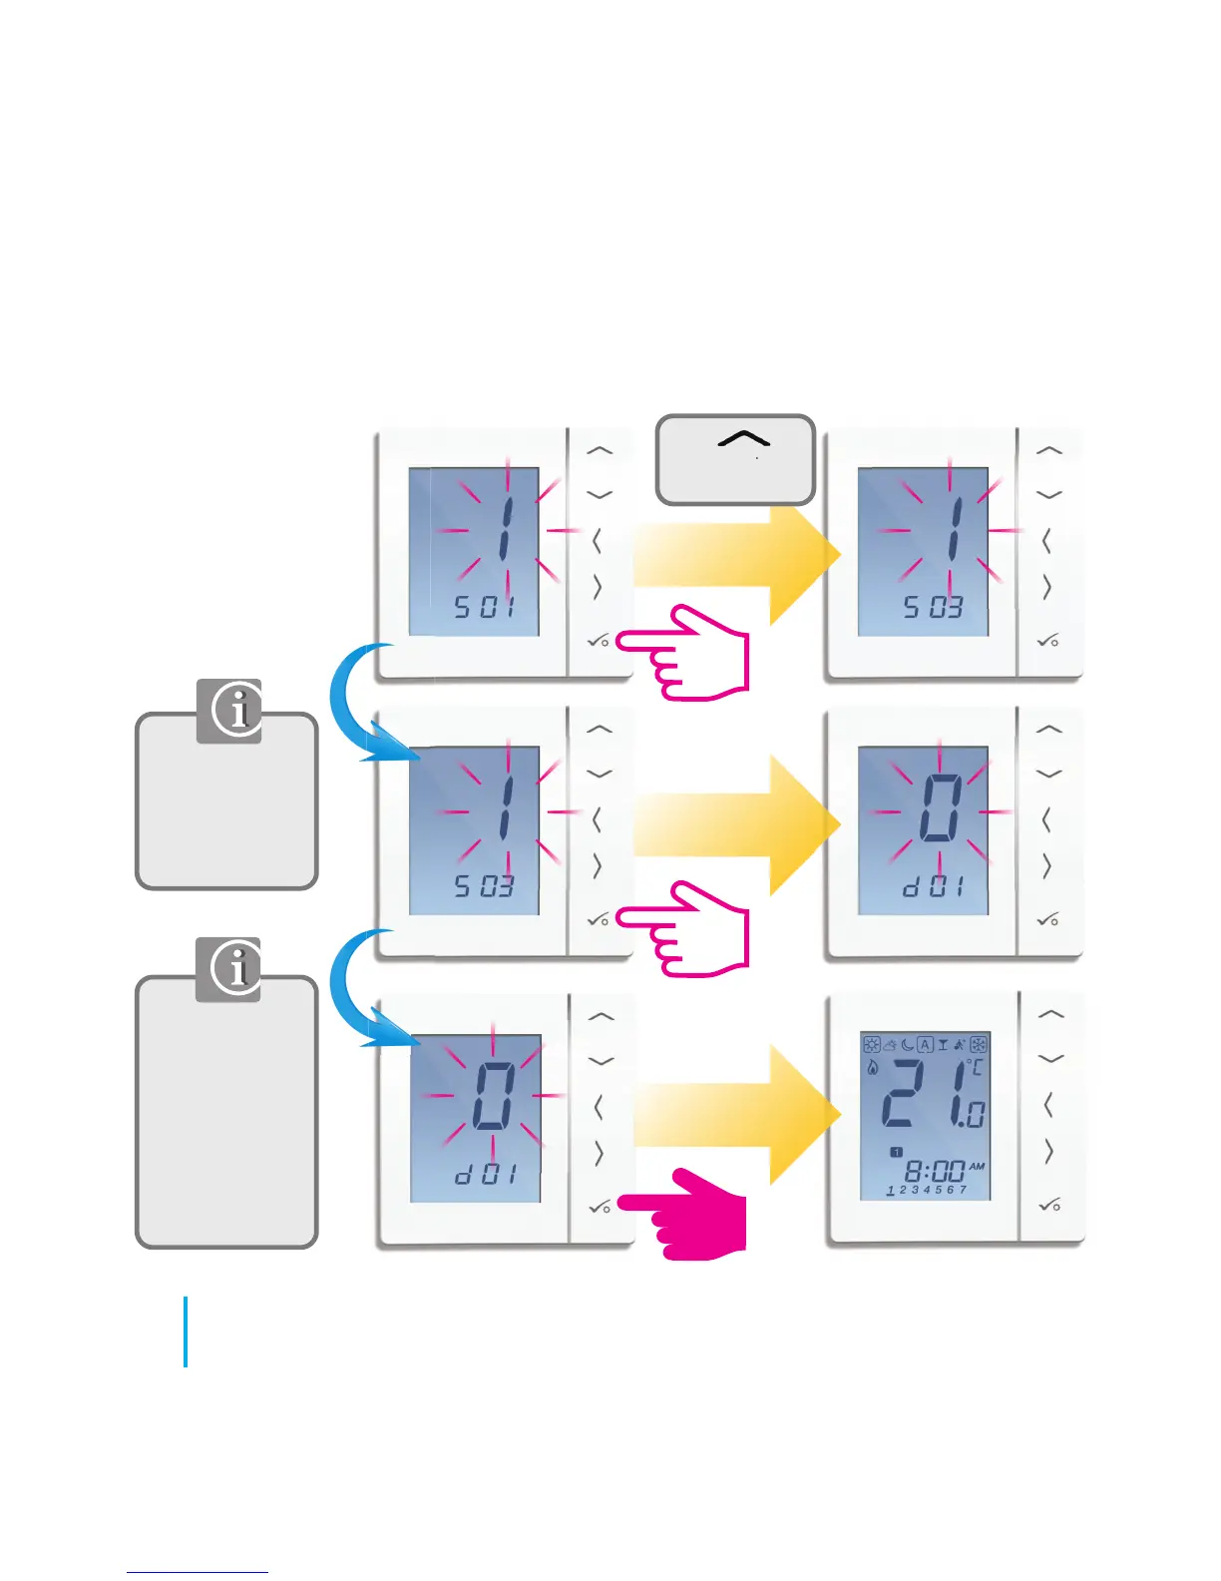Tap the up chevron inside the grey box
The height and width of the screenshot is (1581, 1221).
743,439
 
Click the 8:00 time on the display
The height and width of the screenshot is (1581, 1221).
935,1170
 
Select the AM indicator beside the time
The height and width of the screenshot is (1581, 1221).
977,1166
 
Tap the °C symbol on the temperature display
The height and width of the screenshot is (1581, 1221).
975,1068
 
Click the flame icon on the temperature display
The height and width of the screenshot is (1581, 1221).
873,1067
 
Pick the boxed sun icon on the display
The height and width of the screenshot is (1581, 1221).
872,1045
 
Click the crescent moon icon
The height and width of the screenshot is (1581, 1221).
908,1045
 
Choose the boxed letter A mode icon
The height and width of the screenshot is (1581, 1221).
925,1045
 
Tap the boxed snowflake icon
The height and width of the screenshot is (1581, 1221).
979,1045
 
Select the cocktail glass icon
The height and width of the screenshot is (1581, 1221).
943,1045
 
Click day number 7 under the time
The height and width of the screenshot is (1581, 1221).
963,1190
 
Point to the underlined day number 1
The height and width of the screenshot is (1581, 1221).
890,1191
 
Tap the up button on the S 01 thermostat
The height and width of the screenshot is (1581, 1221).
600,450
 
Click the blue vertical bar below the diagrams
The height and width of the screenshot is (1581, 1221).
186,1331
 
